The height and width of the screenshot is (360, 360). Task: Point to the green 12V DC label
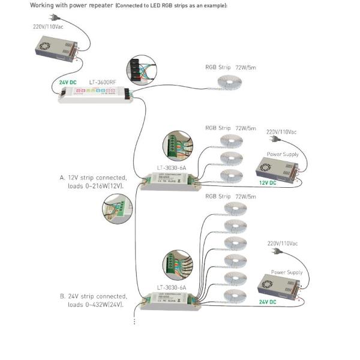267,182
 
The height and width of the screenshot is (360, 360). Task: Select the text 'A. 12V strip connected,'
94,178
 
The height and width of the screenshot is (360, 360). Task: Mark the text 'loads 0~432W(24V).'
95,305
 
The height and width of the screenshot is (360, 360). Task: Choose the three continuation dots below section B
134,321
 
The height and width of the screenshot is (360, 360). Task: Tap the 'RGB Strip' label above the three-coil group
217,128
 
